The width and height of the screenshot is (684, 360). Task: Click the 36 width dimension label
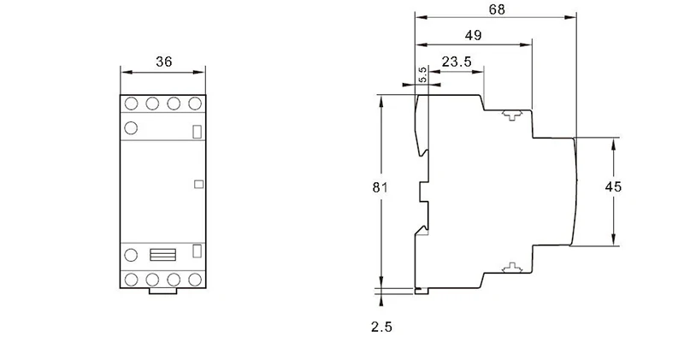164,62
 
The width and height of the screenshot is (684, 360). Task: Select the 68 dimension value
497,9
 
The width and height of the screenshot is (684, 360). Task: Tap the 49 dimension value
474,35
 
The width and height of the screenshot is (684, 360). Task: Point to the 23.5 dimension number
457,62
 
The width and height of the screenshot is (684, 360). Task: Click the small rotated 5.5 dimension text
422,75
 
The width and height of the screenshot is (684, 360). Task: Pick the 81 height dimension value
380,187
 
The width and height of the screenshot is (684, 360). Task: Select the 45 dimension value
613,186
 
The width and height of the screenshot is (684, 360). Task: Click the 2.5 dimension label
381,327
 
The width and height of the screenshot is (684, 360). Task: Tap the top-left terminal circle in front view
132,103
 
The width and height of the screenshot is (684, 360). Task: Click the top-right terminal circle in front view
195,103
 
